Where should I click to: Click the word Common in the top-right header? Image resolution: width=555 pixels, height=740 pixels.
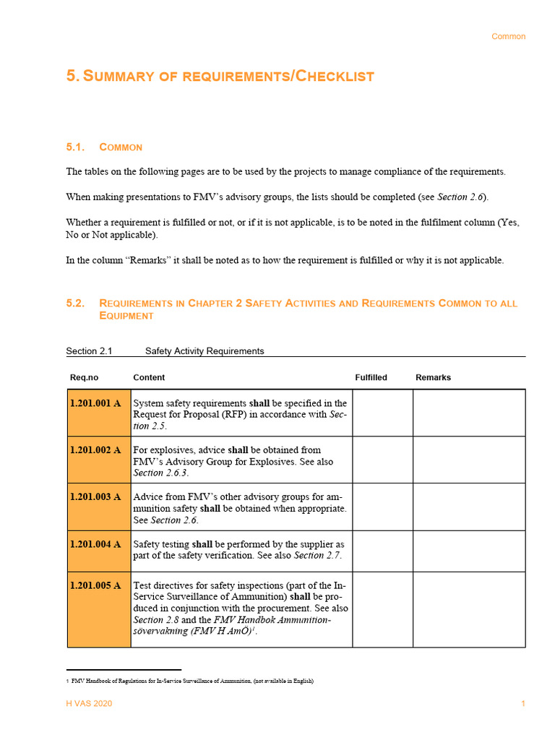[508, 36]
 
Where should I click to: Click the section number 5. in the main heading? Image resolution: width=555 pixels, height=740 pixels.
[73, 76]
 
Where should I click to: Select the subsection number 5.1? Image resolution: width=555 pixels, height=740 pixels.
[75, 147]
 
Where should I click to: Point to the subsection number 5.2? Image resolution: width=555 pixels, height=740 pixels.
[75, 304]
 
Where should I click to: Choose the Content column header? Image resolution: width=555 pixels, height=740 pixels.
[149, 377]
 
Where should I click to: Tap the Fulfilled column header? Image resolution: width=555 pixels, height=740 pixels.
[371, 377]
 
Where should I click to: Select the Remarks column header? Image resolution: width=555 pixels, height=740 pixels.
[433, 377]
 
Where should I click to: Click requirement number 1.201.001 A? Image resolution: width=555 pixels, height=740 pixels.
[95, 403]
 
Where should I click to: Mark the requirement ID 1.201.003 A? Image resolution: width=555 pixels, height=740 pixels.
[95, 497]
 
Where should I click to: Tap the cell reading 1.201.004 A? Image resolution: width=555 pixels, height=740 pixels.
[95, 544]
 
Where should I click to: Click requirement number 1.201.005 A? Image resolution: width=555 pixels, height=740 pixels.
[95, 585]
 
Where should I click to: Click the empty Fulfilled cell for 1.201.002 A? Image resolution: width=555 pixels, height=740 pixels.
[382, 460]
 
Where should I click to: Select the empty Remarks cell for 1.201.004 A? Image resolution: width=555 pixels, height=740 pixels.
[469, 551]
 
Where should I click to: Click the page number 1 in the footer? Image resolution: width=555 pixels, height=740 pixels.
[523, 703]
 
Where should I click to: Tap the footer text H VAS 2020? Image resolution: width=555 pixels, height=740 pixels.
[89, 703]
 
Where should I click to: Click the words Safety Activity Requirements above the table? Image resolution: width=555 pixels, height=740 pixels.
[205, 351]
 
